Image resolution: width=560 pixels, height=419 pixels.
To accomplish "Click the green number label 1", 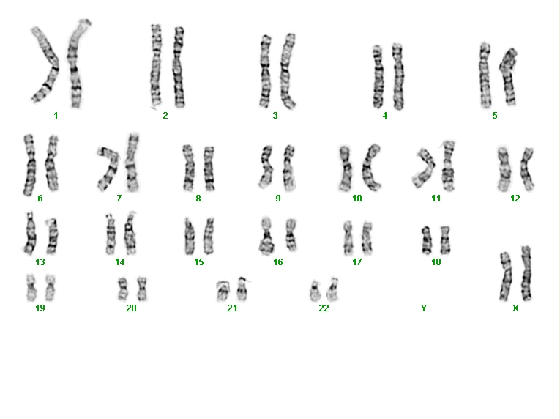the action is (x=56, y=116).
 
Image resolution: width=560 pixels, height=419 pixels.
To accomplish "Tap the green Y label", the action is (x=424, y=308).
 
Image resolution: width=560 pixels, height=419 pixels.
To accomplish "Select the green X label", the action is (x=515, y=308).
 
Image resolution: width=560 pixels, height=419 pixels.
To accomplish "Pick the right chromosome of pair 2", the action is (x=179, y=67).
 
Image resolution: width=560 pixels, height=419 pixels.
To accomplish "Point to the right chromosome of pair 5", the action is (x=509, y=76).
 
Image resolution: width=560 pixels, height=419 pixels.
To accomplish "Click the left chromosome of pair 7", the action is (x=109, y=168).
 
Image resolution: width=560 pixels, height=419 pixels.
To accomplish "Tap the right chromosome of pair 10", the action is (x=370, y=167).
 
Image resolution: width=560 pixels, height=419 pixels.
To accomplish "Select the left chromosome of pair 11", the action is (x=424, y=168).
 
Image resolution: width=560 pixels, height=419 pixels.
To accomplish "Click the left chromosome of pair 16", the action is (x=266, y=236).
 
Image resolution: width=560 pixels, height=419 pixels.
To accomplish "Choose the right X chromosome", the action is (x=526, y=273).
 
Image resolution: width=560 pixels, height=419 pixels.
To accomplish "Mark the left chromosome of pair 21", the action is (x=223, y=291).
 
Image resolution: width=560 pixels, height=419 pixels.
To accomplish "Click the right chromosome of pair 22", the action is (x=332, y=289).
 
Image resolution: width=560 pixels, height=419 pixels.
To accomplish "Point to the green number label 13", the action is (x=40, y=262).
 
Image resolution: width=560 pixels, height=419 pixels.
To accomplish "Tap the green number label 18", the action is (x=436, y=262).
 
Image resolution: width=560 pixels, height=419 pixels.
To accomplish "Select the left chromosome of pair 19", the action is (x=31, y=287).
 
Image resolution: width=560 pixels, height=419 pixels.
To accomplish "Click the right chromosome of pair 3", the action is (x=288, y=71).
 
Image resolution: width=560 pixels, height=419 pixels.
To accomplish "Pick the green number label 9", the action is (x=278, y=198).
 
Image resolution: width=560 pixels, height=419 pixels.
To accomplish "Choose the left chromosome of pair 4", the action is (x=378, y=76).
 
